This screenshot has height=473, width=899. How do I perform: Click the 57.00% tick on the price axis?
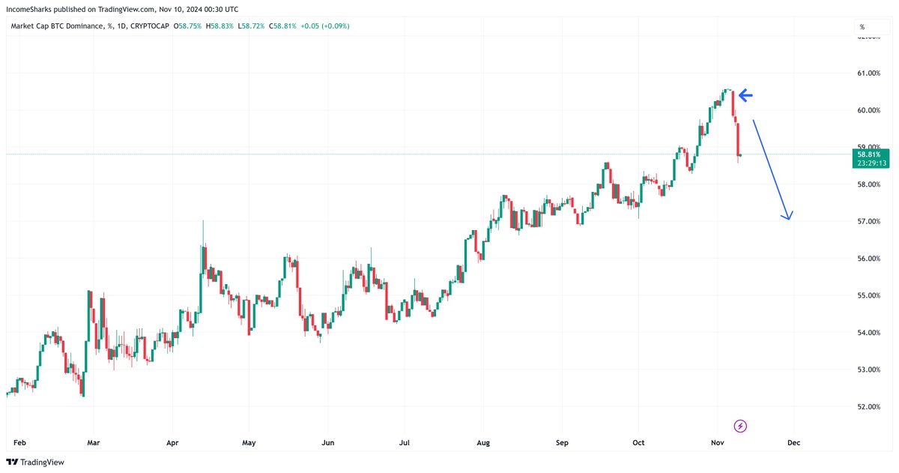coord(868,221)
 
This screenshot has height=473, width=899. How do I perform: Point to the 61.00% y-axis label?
coord(868,73)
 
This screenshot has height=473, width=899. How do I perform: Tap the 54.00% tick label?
coord(868,333)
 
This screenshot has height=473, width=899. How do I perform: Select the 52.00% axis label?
coord(868,407)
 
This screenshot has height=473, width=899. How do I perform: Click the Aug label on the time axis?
coord(483,443)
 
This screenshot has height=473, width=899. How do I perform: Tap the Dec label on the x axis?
coord(793,443)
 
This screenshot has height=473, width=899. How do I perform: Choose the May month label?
coord(249,443)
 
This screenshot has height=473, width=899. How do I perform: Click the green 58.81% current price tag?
coord(869,154)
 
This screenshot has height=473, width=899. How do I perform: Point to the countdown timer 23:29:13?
coord(869,163)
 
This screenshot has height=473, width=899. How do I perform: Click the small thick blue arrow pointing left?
coord(746,95)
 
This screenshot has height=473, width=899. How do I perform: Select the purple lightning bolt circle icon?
coord(741,427)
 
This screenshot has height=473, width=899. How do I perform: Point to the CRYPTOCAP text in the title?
coord(150,26)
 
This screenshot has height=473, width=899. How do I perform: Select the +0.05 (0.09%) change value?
coord(324,26)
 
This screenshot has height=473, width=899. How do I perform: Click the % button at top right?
coord(862,26)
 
